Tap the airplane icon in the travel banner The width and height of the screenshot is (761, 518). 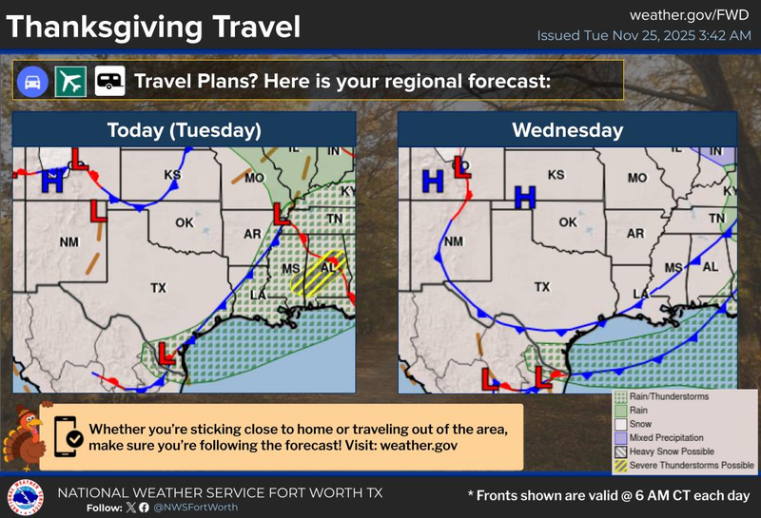pos(71,81)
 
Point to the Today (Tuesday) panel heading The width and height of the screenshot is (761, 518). pos(185,129)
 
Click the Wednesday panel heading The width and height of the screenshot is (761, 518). pos(568,129)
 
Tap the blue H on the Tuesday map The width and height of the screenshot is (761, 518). pos(51,181)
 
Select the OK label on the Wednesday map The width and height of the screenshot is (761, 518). pos(568,222)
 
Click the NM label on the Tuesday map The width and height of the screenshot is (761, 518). pos(68,242)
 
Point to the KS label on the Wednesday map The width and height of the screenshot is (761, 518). pos(556,175)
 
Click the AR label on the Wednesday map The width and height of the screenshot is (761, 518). pos(635,233)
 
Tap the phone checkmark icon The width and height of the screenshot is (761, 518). pos(69,436)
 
